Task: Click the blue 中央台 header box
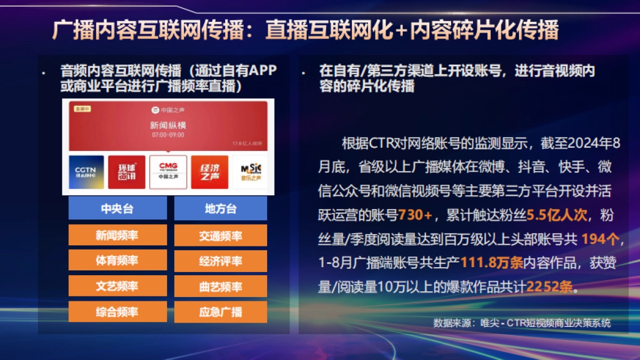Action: pos(117,209)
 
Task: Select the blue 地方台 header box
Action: pos(220,209)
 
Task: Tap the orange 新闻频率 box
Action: pos(117,235)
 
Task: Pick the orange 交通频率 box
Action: pos(220,235)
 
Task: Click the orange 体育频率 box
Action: pos(117,261)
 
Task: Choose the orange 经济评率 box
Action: pos(220,261)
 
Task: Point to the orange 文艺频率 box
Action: pos(117,286)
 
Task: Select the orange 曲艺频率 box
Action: pos(220,286)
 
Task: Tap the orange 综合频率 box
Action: pos(117,312)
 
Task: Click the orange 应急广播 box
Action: pos(220,312)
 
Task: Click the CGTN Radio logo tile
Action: pos(86,172)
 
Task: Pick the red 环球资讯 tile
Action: pos(126,172)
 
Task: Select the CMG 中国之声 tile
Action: pos(168,172)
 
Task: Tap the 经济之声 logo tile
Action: pos(210,172)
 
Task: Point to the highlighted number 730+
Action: pos(415,215)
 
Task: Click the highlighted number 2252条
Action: pos(549,286)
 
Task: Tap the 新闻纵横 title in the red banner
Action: pos(168,126)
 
